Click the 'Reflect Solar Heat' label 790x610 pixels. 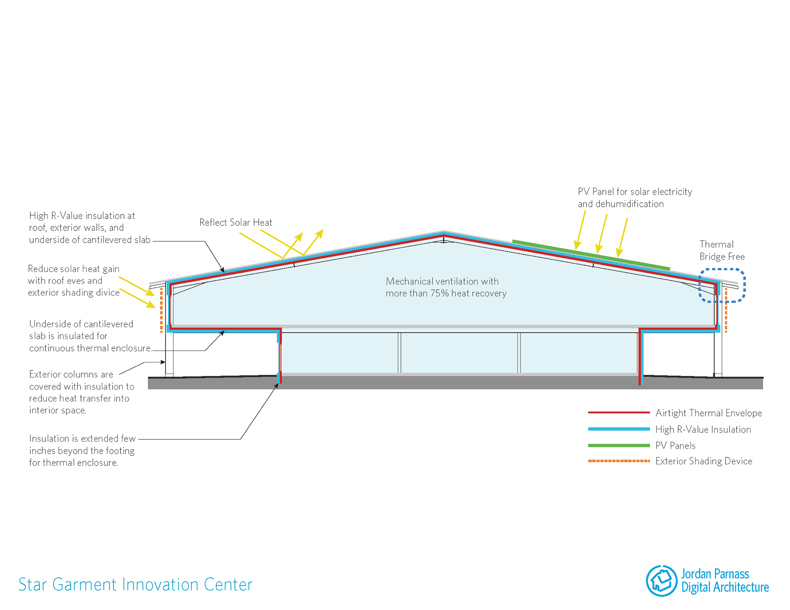point(235,223)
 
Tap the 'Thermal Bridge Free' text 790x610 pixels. point(722,250)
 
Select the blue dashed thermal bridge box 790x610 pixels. point(722,270)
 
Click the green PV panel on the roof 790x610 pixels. point(591,255)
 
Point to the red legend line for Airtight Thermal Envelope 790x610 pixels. point(619,413)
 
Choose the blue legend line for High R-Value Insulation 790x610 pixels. point(619,429)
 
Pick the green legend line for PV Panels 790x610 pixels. point(619,445)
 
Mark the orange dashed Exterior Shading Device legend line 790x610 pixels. point(619,461)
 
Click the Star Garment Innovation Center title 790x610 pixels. point(135,585)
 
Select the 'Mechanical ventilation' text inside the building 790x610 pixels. point(442,282)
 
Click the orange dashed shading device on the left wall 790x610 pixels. point(161,310)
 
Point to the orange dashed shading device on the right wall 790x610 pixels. point(726,310)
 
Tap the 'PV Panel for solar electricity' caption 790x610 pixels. point(635,192)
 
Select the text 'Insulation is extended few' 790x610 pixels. point(82,439)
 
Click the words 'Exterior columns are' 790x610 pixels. point(71,374)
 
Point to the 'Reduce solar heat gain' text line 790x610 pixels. point(73,269)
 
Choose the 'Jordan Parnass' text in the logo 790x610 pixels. point(715,574)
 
